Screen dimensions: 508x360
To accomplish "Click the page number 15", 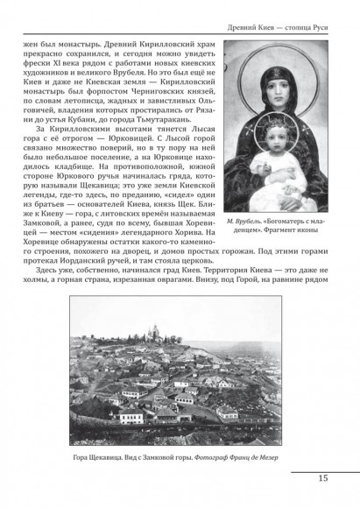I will click(x=322, y=478).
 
